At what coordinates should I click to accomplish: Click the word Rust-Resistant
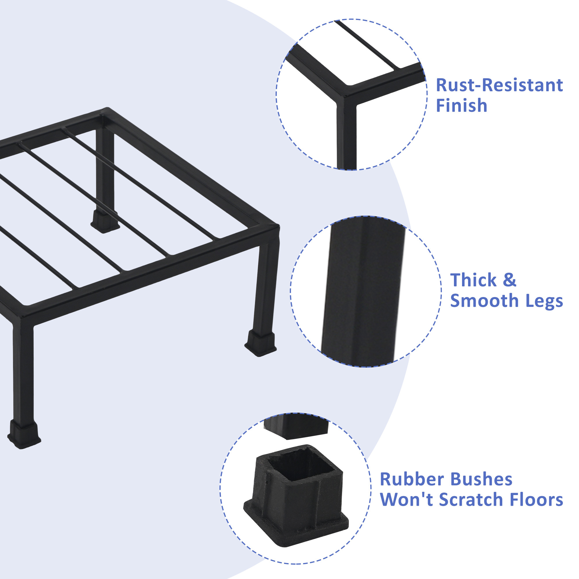point(499,85)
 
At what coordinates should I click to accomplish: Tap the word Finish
point(461,105)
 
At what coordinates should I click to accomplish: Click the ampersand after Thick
point(510,280)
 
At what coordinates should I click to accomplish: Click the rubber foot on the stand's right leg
point(261,343)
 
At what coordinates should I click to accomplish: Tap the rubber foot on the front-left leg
point(24,434)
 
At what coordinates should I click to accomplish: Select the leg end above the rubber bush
point(297,427)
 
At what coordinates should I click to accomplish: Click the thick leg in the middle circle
point(363,291)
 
